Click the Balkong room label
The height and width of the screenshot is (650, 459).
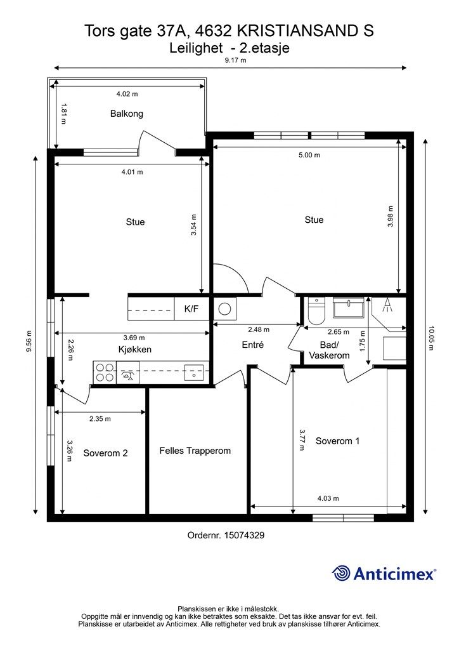pos(127,114)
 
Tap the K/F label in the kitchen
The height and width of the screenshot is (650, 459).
pos(191,309)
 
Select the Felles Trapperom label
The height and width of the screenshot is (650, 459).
pos(195,451)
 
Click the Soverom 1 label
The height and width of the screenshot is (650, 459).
pos(337,441)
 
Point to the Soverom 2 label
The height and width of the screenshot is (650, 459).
pos(105,453)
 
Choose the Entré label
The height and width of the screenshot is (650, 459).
pos(252,345)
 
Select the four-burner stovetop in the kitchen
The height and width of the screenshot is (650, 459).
pos(105,372)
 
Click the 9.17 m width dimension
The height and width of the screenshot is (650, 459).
pos(235,60)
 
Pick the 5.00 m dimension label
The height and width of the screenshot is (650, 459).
pos(309,155)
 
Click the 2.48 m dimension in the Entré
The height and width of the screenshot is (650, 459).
pos(259,329)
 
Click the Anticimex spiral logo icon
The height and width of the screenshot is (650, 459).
pos(341,573)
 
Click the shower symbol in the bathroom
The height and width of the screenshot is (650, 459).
pos(387,305)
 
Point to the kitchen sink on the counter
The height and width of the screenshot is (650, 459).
pos(194,372)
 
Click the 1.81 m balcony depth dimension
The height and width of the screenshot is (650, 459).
pos(63,114)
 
